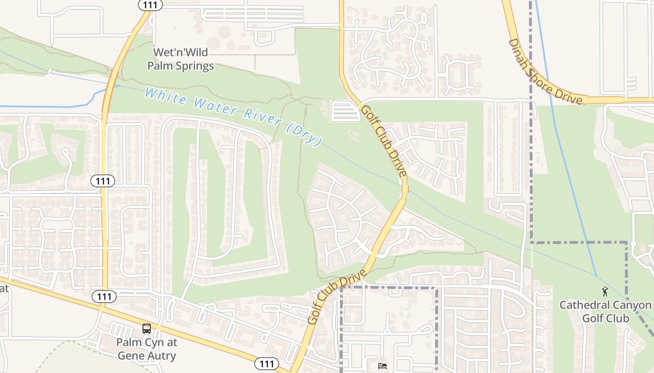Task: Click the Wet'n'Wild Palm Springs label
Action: pyautogui.click(x=180, y=59)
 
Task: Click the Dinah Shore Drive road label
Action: pyautogui.click(x=545, y=72)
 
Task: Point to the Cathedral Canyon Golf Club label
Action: pyautogui.click(x=605, y=311)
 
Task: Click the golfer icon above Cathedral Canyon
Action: pyautogui.click(x=605, y=291)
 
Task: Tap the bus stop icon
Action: pyautogui.click(x=147, y=329)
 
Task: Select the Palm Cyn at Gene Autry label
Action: pyautogui.click(x=146, y=349)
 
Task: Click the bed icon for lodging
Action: pyautogui.click(x=383, y=366)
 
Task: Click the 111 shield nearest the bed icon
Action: pyautogui.click(x=267, y=363)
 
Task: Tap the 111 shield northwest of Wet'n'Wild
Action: pyautogui.click(x=150, y=5)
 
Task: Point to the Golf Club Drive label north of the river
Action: pyautogui.click(x=384, y=140)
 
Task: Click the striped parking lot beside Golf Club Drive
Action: pyautogui.click(x=345, y=111)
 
